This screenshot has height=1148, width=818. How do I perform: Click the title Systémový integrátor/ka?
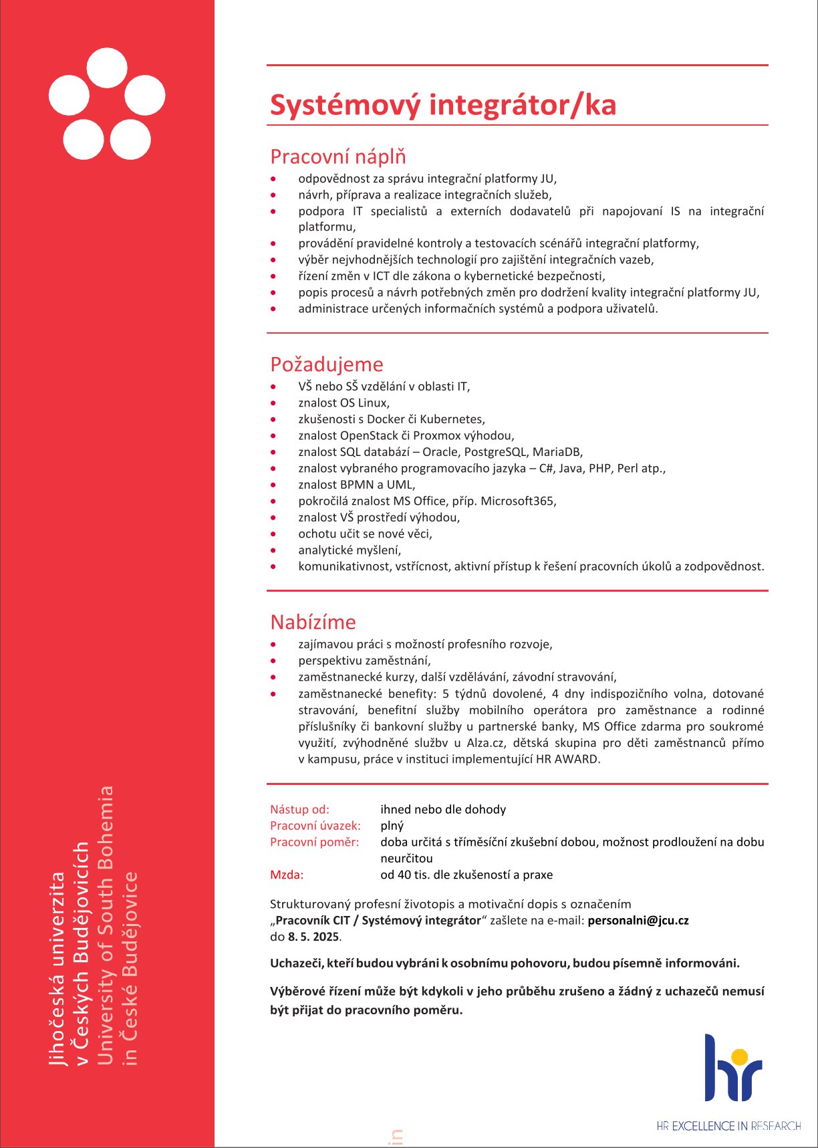(442, 105)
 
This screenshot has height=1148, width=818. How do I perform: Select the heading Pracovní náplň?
(337, 156)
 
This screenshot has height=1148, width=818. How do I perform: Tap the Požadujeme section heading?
(326, 364)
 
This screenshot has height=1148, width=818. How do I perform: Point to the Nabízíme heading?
(313, 622)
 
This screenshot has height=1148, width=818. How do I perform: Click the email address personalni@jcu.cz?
(638, 920)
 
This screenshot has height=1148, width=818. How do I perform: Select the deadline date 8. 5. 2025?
(313, 937)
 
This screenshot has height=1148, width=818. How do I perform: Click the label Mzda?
(287, 875)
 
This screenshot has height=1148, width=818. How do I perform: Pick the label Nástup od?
(299, 810)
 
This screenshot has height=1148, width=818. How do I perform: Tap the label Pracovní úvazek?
(315, 826)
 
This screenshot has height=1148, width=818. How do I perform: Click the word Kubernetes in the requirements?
(451, 419)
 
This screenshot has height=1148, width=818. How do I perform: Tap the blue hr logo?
(732, 1068)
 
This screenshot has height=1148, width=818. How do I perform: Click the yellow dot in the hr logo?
(739, 1056)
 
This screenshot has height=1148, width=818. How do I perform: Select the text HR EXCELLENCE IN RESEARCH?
(728, 1126)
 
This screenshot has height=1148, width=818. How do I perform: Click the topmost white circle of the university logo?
(107, 68)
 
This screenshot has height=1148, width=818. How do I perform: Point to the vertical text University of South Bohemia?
(106, 926)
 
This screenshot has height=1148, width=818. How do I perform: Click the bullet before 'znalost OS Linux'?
(273, 403)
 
